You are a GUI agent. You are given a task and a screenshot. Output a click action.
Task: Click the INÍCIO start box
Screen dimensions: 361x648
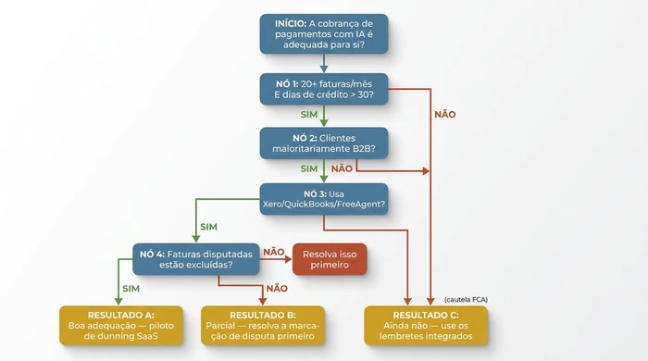point(324,33)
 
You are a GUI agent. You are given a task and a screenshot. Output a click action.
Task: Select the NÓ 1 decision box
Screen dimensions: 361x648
point(324,89)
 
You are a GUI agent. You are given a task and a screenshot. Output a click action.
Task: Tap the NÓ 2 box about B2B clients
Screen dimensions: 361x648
point(324,143)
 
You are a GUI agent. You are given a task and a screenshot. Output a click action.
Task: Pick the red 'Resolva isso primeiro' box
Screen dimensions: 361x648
point(330,258)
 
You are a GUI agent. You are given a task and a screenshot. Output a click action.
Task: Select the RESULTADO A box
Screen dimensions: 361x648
point(114,325)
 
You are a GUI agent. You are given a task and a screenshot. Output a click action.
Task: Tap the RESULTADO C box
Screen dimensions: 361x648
point(425,325)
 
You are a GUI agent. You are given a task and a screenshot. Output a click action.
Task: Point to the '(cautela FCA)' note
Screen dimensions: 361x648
point(466,299)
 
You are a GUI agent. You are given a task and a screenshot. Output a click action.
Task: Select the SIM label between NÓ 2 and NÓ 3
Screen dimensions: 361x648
point(309,169)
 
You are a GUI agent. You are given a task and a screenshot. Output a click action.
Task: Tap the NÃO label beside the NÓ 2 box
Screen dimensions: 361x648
point(342,169)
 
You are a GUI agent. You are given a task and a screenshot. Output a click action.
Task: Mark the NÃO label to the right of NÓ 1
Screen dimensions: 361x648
point(444,115)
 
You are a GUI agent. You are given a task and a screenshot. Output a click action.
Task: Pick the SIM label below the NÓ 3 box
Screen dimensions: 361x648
point(209,227)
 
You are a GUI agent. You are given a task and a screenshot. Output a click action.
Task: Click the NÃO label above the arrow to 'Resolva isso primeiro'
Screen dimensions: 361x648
point(274,252)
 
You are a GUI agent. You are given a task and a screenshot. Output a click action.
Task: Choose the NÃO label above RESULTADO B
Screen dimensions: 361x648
point(276,289)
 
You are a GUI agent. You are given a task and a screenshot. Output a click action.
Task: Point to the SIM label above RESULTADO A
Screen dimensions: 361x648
point(132,289)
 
